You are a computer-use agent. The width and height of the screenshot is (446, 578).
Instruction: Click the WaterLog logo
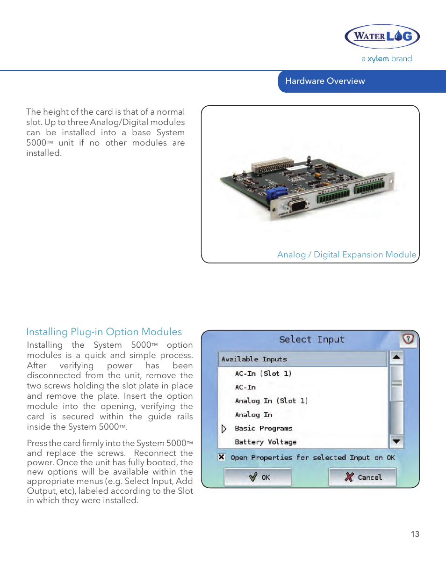[382, 37]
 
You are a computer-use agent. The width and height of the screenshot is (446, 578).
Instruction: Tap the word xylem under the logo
[378, 59]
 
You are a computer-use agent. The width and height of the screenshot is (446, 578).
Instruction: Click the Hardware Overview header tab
[325, 81]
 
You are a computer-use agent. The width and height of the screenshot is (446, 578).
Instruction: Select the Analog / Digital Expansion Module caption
[346, 255]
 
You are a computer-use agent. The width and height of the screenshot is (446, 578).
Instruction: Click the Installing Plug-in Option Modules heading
[104, 332]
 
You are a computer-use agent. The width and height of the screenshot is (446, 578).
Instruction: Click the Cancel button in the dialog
[363, 477]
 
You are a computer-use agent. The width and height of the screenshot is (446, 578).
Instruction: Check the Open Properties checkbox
[222, 457]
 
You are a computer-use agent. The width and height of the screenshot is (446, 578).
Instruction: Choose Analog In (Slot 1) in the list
[271, 401]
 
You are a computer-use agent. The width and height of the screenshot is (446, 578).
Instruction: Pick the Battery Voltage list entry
[266, 442]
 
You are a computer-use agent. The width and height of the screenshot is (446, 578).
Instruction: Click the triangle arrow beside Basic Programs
[224, 428]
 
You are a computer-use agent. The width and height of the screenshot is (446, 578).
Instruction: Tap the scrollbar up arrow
[396, 357]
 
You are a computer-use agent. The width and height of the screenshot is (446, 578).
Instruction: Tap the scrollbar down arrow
[396, 441]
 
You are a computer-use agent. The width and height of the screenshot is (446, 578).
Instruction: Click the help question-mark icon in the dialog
[408, 338]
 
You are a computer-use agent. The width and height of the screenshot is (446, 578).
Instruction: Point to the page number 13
[415, 534]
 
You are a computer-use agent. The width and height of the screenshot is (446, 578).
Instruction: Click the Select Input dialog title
[311, 339]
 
